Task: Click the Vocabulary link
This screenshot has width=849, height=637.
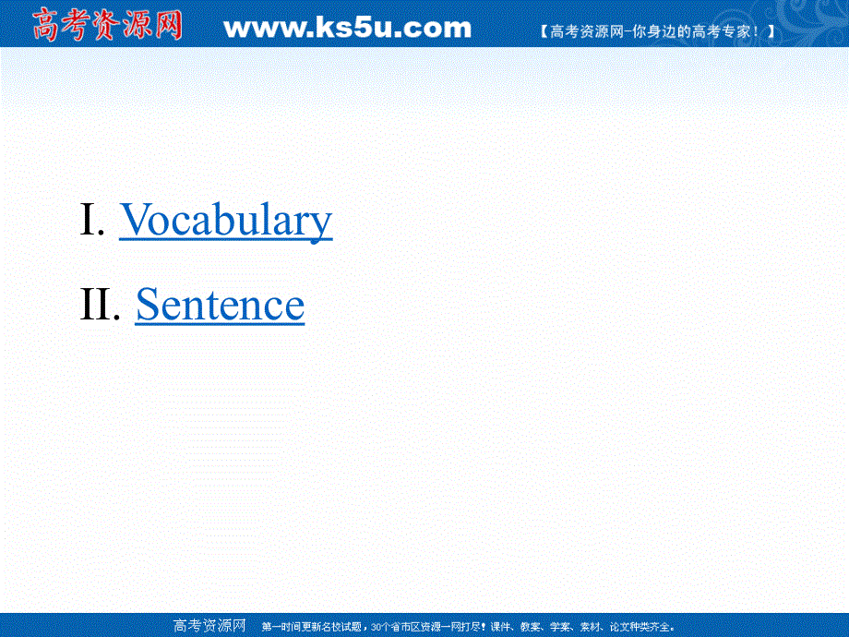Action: point(225,221)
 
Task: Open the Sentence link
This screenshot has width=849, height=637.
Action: point(220,306)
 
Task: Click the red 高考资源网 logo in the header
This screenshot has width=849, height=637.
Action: point(107,25)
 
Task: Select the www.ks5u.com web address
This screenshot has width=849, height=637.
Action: point(347,28)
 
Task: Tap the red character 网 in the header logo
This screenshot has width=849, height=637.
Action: point(166,25)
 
